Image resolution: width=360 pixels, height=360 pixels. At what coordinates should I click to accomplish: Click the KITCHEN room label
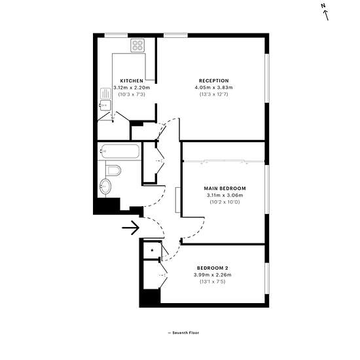click(132, 81)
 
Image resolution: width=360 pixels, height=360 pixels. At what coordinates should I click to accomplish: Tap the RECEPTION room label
click(214, 81)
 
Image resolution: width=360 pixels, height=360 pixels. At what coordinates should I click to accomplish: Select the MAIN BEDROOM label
click(225, 189)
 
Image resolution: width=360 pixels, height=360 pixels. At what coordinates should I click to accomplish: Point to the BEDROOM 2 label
click(212, 268)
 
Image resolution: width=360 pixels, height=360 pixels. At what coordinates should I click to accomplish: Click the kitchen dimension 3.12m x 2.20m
click(132, 88)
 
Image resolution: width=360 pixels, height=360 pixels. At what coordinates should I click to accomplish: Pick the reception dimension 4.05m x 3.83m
click(214, 88)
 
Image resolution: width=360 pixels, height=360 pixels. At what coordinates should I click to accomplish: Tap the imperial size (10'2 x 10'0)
click(225, 202)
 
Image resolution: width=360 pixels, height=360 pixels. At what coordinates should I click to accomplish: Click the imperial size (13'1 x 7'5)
click(212, 281)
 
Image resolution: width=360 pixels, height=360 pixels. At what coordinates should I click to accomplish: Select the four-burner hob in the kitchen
click(137, 45)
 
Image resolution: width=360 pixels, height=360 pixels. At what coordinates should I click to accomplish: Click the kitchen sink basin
click(105, 105)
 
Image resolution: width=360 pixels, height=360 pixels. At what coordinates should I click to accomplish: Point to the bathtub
click(120, 151)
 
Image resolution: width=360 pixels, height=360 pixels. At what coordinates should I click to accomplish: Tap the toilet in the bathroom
click(113, 170)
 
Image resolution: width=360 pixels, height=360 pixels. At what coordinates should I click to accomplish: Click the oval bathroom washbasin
click(105, 187)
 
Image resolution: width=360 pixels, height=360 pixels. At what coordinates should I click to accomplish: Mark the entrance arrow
click(131, 228)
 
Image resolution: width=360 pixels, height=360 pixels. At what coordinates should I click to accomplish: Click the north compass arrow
click(326, 16)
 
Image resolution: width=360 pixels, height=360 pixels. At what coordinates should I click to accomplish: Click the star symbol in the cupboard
click(152, 250)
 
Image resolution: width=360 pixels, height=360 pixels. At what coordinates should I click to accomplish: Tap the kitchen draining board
click(105, 94)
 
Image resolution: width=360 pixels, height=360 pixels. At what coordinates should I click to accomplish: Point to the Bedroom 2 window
click(267, 278)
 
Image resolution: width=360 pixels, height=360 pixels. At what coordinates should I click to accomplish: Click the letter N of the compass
click(323, 6)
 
